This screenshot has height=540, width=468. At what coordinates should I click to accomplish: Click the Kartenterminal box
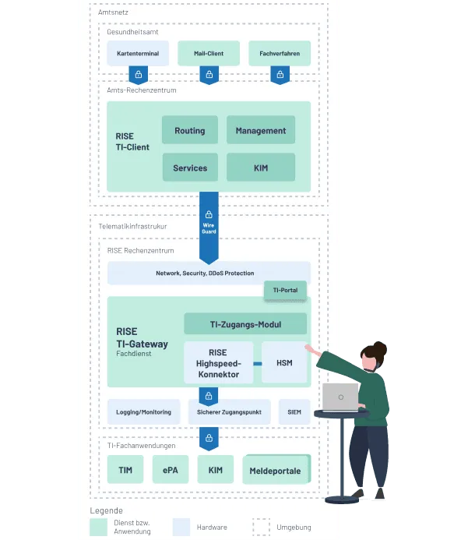coord(138,54)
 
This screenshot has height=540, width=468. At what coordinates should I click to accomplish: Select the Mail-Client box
coord(209,54)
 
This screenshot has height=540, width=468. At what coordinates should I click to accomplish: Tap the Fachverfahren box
coord(280,54)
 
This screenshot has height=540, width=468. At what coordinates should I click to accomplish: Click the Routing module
coord(190,131)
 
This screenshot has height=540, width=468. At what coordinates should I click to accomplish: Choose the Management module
coord(261,131)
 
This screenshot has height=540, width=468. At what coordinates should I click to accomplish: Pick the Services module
coord(190,168)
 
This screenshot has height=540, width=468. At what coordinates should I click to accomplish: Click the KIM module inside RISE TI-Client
coord(261,168)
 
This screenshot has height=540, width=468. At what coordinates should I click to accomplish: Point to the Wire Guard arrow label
coord(209,228)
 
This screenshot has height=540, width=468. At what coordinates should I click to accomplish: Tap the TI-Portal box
coord(285,291)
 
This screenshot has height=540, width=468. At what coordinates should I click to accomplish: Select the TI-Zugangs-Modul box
coord(245,324)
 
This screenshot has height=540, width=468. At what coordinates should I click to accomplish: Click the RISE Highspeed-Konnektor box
coord(218,363)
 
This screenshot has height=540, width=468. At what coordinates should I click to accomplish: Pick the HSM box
coord(283,363)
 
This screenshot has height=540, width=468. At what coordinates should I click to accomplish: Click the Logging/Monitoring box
coord(143,412)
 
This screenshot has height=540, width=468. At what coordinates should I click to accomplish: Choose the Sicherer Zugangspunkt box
coord(229,412)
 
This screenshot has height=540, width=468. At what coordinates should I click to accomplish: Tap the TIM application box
coord(125,470)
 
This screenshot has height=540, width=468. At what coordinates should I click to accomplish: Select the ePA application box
coord(171,470)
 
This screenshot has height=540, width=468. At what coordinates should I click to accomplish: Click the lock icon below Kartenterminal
coord(138,75)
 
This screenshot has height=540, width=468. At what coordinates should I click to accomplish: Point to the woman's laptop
coord(340,397)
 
